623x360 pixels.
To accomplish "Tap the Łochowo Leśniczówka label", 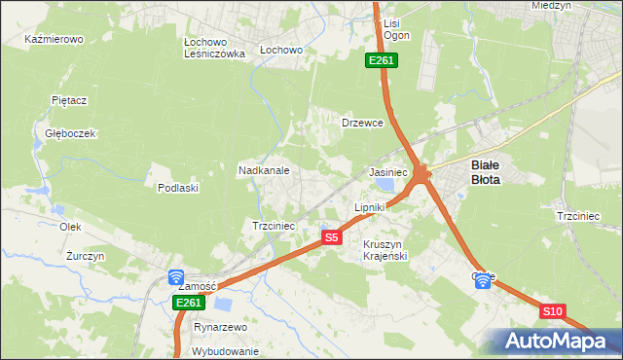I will coord(214,49).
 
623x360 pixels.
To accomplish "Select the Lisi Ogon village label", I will coord(396,29).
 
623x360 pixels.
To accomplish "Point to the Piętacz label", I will coord(70,99).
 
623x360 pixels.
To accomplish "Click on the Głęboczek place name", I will coord(63,133).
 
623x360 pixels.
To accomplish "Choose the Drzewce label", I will coord(362,124).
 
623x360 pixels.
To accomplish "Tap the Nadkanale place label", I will coord(264,170).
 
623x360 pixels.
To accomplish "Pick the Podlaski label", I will coord(178,188).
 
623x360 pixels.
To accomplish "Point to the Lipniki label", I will coord(370,207).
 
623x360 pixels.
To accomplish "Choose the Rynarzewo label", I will coord(220,328).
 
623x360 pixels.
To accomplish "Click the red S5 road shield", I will coord(332,237).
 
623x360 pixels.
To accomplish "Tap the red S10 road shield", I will coord(552,311).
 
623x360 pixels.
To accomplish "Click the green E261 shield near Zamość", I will coord(189,304).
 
